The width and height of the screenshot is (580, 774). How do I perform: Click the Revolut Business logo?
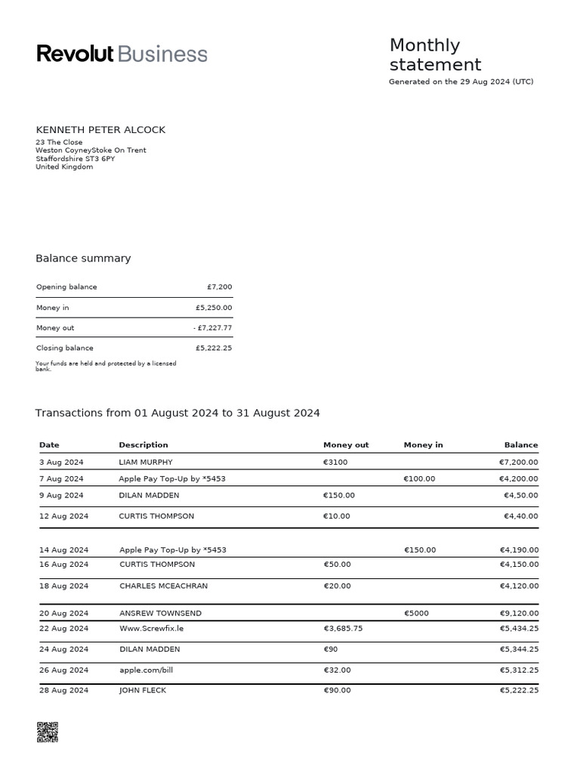pos(122,54)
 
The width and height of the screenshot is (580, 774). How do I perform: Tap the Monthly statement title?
pos(435,55)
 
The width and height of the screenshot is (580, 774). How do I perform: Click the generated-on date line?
pos(461,82)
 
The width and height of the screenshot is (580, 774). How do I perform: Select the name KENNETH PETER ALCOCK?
pos(100,130)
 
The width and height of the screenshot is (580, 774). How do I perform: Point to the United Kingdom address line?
pos(64,167)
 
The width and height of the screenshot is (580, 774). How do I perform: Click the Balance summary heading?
pos(83,259)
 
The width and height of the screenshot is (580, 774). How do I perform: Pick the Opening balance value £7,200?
pos(219,287)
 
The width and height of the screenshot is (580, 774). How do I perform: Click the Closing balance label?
pos(65,348)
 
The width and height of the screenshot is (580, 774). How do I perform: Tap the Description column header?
pos(143,445)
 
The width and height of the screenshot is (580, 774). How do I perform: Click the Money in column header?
pos(423,445)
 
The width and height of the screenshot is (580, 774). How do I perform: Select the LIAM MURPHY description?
pos(146,462)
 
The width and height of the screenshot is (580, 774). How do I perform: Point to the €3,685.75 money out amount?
pos(343,628)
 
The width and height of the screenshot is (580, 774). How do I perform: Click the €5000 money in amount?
pos(417,613)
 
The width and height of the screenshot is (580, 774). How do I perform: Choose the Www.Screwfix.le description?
pos(152,628)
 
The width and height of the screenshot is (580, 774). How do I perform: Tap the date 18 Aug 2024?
pos(63,586)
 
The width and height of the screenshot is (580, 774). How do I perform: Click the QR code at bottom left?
pos(47,732)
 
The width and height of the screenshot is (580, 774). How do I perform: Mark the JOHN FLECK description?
pos(143,690)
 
